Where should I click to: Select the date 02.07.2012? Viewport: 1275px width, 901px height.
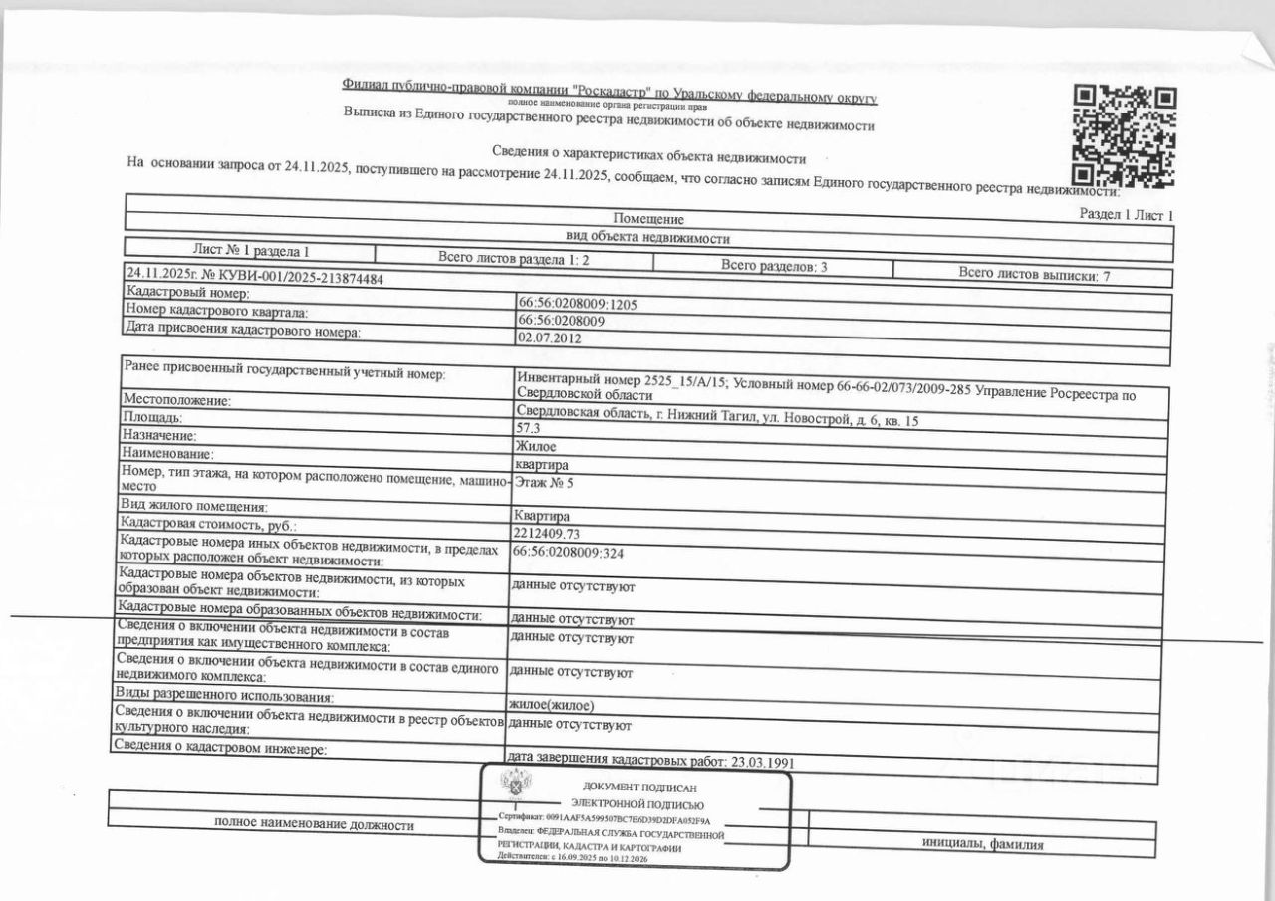(549, 338)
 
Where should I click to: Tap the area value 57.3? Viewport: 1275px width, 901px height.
(528, 428)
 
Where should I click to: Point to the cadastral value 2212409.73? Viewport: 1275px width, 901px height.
(546, 533)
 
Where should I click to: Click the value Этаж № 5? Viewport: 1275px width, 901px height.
(544, 483)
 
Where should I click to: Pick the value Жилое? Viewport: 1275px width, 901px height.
(536, 446)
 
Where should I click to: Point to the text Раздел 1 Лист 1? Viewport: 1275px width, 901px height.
(1127, 214)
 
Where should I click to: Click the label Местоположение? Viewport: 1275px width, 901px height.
(176, 400)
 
